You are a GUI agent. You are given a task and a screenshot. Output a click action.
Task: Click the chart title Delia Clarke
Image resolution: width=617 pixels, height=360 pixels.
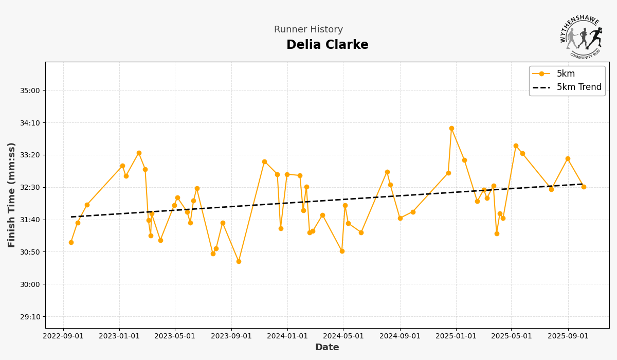pyautogui.click(x=327, y=45)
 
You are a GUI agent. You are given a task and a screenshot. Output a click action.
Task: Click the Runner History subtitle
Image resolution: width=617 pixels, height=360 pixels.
pyautogui.click(x=308, y=30)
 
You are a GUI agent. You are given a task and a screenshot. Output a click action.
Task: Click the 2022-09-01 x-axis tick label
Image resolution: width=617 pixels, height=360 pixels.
pyautogui.click(x=63, y=336)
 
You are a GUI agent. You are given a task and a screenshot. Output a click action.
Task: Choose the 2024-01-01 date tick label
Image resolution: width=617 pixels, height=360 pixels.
pyautogui.click(x=287, y=336)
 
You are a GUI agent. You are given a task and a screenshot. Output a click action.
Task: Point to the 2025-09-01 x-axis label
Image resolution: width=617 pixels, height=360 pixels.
pyautogui.click(x=568, y=336)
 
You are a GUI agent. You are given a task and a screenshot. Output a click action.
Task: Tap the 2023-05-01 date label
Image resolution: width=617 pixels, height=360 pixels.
pyautogui.click(x=175, y=336)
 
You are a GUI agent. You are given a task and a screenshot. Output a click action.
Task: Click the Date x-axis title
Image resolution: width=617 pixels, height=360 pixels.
pyautogui.click(x=327, y=348)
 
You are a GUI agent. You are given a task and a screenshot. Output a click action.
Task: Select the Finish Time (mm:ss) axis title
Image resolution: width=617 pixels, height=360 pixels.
pyautogui.click(x=12, y=195)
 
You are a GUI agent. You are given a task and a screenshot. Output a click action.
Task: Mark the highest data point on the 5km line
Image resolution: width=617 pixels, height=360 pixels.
pyautogui.click(x=451, y=129)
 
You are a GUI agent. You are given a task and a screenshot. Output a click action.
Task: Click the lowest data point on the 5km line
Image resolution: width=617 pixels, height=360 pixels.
pyautogui.click(x=239, y=261)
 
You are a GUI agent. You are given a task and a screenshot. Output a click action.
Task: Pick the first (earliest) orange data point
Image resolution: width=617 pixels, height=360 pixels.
pyautogui.click(x=71, y=242)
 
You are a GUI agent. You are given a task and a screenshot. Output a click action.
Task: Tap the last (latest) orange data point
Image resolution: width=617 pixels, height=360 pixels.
pyautogui.click(x=584, y=187)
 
